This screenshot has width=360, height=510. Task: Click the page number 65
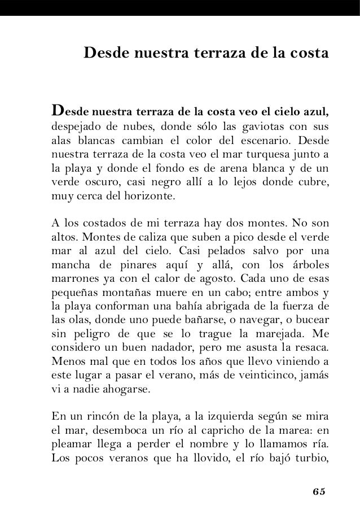click(319, 490)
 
